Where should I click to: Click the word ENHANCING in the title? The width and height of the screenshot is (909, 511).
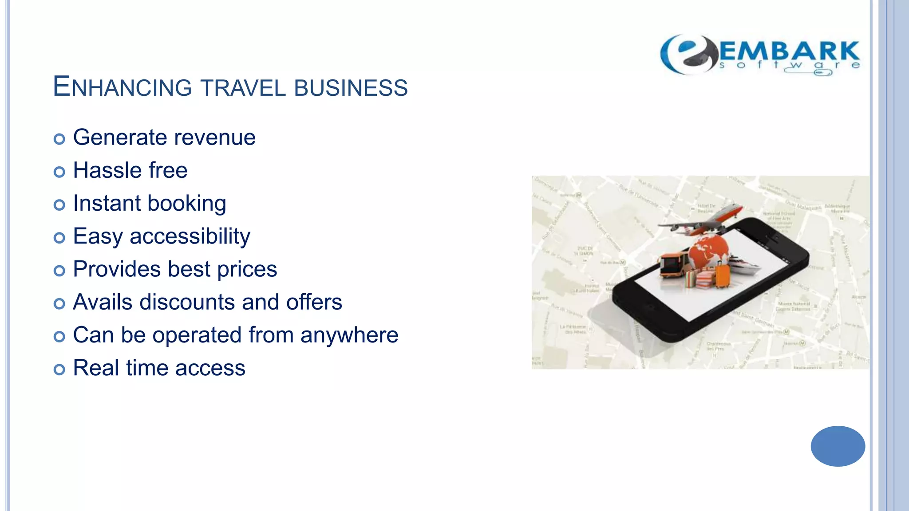tap(122, 86)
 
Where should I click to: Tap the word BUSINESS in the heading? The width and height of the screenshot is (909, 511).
tap(351, 87)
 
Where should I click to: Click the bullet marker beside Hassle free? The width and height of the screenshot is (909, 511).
tap(59, 172)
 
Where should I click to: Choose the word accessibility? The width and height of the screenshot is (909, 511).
tap(190, 236)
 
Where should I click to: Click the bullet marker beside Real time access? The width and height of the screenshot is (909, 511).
tap(59, 369)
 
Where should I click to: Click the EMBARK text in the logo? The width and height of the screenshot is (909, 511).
tap(789, 51)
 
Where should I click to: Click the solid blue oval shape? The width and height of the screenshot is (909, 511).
tap(838, 446)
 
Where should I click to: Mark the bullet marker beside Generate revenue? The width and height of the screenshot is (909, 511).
tap(59, 139)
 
